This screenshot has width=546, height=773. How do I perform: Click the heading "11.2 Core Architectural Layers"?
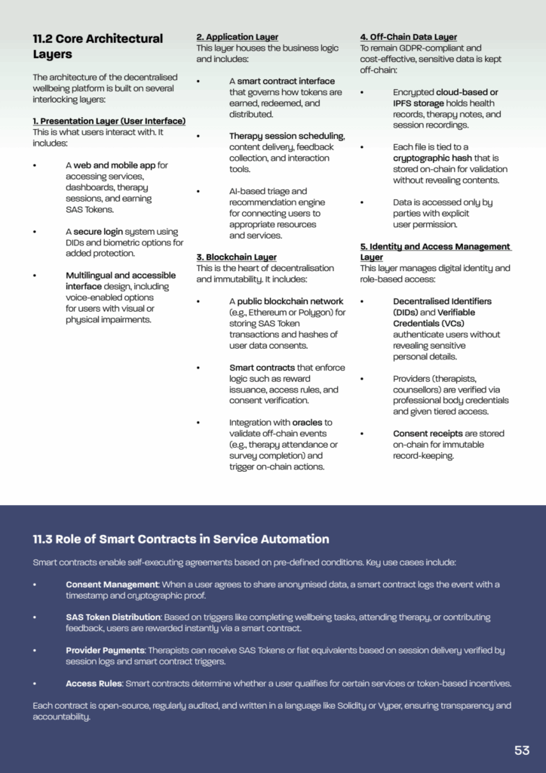[x=97, y=46]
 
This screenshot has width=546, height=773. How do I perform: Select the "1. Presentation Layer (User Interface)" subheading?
[x=109, y=121]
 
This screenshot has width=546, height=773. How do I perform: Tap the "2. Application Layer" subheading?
[x=237, y=37]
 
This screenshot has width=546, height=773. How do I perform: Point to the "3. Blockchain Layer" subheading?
[x=236, y=257]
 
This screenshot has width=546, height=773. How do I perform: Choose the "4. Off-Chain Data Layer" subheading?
[x=408, y=37]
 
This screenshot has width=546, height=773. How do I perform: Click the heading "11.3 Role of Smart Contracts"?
[x=181, y=539]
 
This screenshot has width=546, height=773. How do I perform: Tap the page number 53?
[x=522, y=750]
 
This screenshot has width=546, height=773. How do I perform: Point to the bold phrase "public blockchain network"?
[x=290, y=301]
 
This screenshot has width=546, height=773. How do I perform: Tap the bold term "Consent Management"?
[x=112, y=584]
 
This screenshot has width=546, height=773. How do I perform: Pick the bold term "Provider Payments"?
[x=106, y=650]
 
